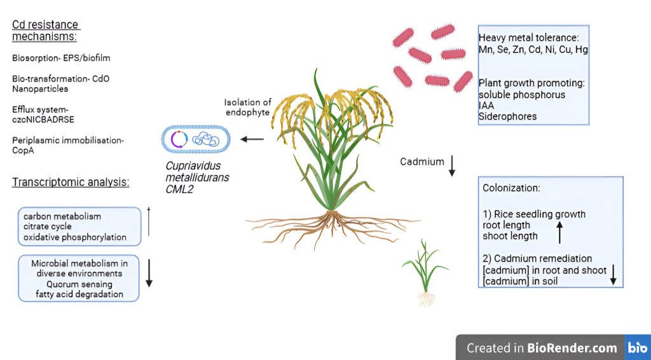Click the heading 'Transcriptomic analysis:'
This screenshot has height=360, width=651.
click(71, 183)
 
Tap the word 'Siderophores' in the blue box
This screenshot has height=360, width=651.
click(507, 116)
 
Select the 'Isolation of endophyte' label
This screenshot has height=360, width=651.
click(248, 107)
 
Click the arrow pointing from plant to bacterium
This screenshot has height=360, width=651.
click(252, 139)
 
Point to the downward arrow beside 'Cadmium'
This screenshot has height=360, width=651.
click(452, 165)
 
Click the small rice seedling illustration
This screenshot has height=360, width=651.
click(425, 272)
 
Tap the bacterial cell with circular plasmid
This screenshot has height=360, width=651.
click(196, 139)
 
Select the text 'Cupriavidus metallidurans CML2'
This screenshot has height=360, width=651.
click(197, 177)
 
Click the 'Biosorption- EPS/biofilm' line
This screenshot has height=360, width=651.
click(61, 58)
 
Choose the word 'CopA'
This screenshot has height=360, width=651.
click(23, 150)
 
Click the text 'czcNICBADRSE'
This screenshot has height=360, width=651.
click(43, 120)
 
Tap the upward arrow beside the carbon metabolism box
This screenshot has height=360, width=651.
click(149, 221)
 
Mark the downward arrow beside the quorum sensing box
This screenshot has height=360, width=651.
click(149, 273)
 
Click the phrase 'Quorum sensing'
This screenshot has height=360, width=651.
click(79, 284)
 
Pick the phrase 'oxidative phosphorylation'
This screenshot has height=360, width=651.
click(75, 237)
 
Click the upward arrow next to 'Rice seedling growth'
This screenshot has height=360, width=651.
click(559, 232)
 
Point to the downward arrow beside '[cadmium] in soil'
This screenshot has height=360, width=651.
click(613, 275)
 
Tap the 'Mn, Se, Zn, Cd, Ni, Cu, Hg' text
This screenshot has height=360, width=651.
click(533, 50)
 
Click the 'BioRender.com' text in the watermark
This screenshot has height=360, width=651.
click(572, 347)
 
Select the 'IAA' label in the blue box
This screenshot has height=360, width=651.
click(486, 106)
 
